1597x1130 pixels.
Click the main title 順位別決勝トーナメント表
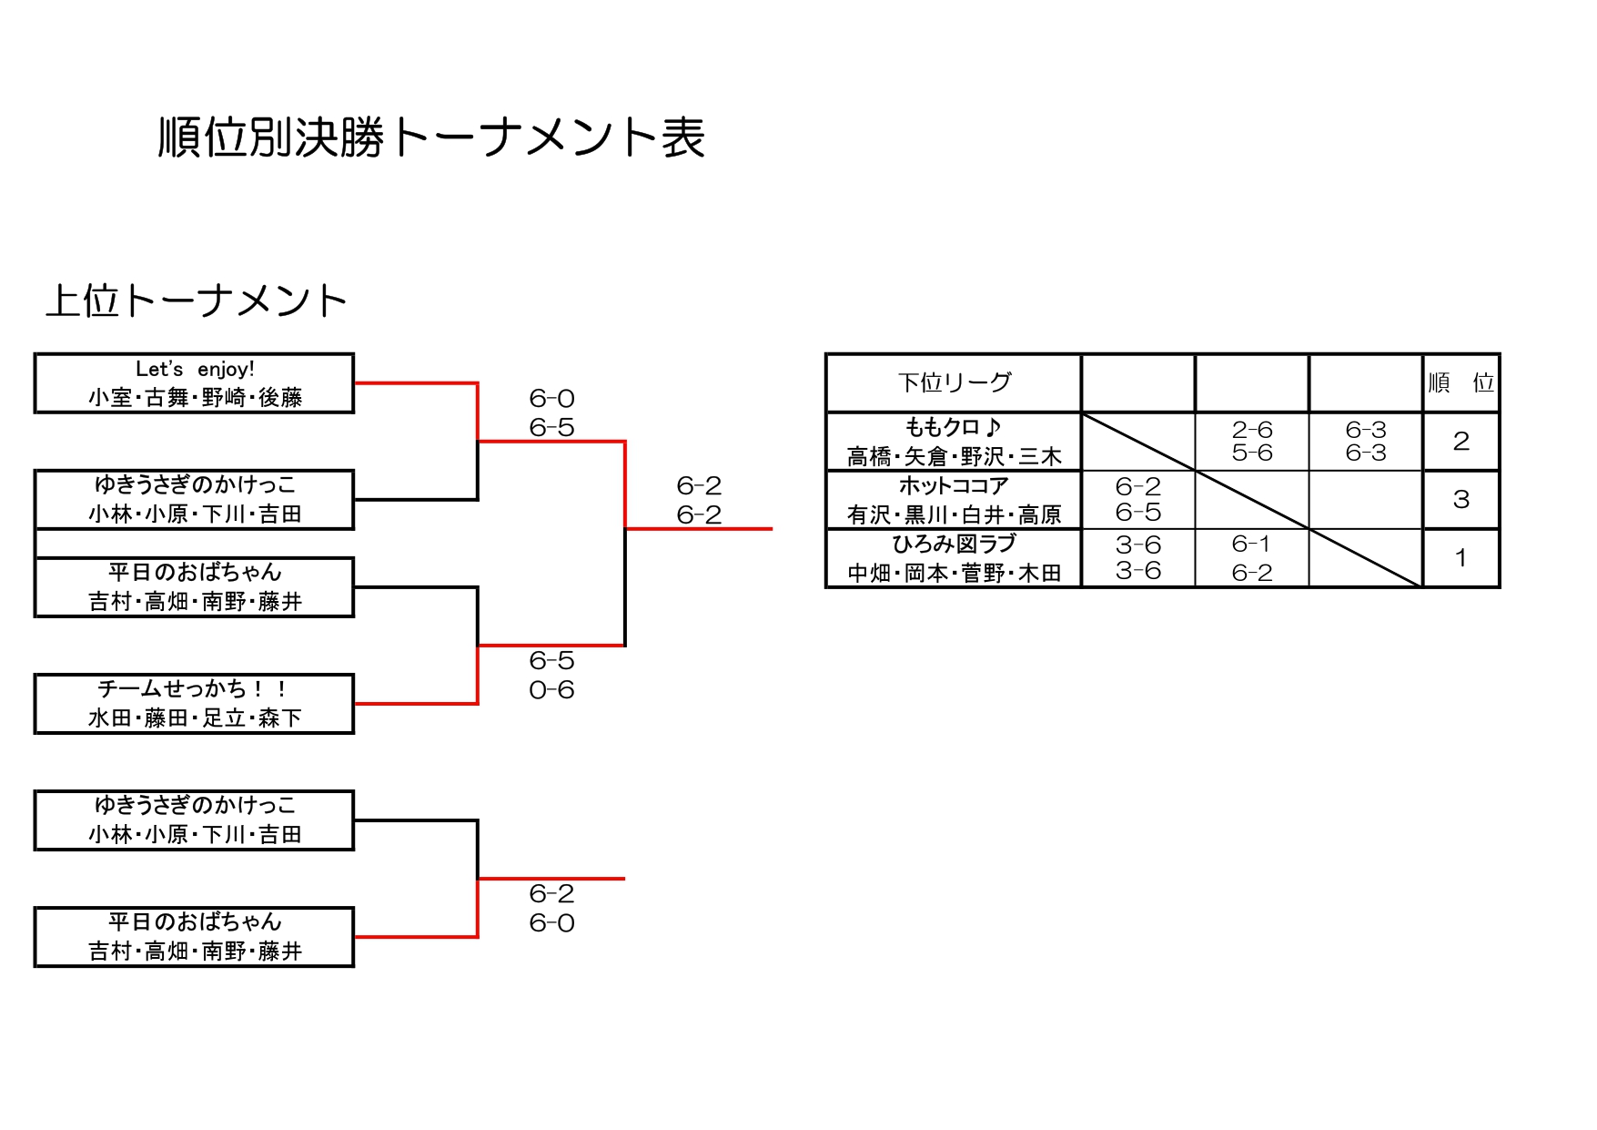431,138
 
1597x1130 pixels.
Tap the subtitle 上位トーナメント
197,301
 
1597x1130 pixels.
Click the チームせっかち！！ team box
194,703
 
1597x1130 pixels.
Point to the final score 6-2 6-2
699,500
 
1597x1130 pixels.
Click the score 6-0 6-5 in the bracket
551,412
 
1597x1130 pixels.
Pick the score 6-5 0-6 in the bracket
551,675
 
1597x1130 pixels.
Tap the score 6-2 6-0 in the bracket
551,908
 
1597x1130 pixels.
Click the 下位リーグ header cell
954,382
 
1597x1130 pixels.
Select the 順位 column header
1461,382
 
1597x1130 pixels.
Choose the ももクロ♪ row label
954,442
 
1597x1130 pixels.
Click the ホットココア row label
954,500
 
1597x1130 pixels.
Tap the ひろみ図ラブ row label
954,558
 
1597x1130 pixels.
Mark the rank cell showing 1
1461,558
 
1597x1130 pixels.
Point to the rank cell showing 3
1461,500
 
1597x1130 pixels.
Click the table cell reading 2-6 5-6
1252,442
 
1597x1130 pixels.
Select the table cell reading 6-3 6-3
1366,442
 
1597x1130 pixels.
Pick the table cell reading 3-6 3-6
1138,558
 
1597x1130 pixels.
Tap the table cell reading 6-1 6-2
1252,558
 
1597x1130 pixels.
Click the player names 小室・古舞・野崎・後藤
195,398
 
